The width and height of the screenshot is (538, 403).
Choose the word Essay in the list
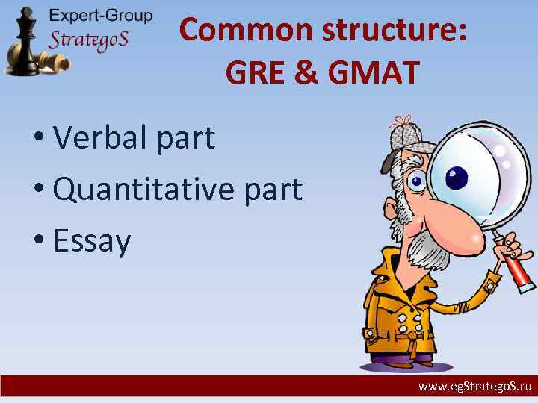(92, 240)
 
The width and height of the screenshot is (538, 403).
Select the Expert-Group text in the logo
(100, 16)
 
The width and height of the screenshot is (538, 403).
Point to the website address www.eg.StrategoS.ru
(474, 387)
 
